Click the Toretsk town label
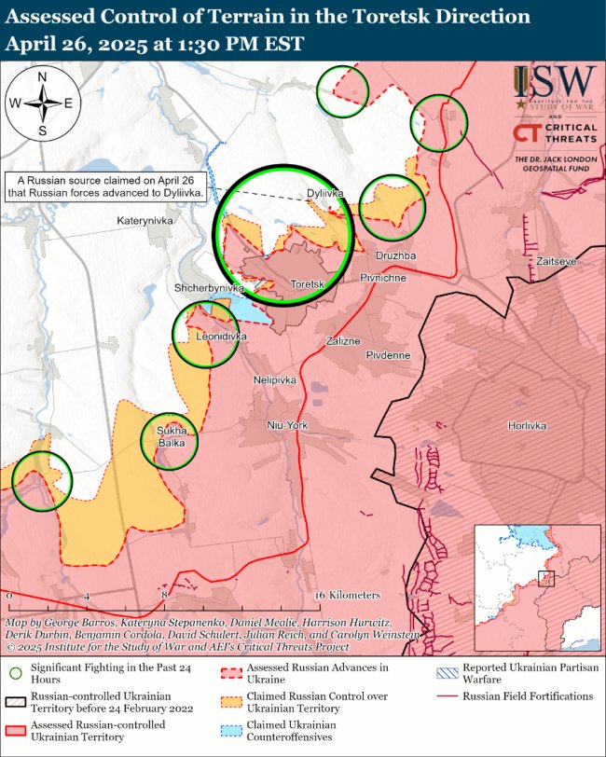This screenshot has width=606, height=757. click(x=306, y=283)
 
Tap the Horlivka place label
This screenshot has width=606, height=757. click(x=527, y=425)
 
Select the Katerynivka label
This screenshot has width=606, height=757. click(x=145, y=221)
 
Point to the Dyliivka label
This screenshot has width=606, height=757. click(x=325, y=194)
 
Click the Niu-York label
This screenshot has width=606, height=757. click(x=287, y=425)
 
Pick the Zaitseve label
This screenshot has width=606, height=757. click(x=557, y=262)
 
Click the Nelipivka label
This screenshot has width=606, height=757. click(x=274, y=380)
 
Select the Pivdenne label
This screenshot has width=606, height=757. click(x=388, y=355)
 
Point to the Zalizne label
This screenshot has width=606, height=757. click(x=342, y=341)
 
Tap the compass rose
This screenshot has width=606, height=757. click(x=43, y=103)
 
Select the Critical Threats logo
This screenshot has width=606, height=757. click(x=555, y=133)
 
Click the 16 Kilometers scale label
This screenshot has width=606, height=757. click(x=348, y=595)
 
